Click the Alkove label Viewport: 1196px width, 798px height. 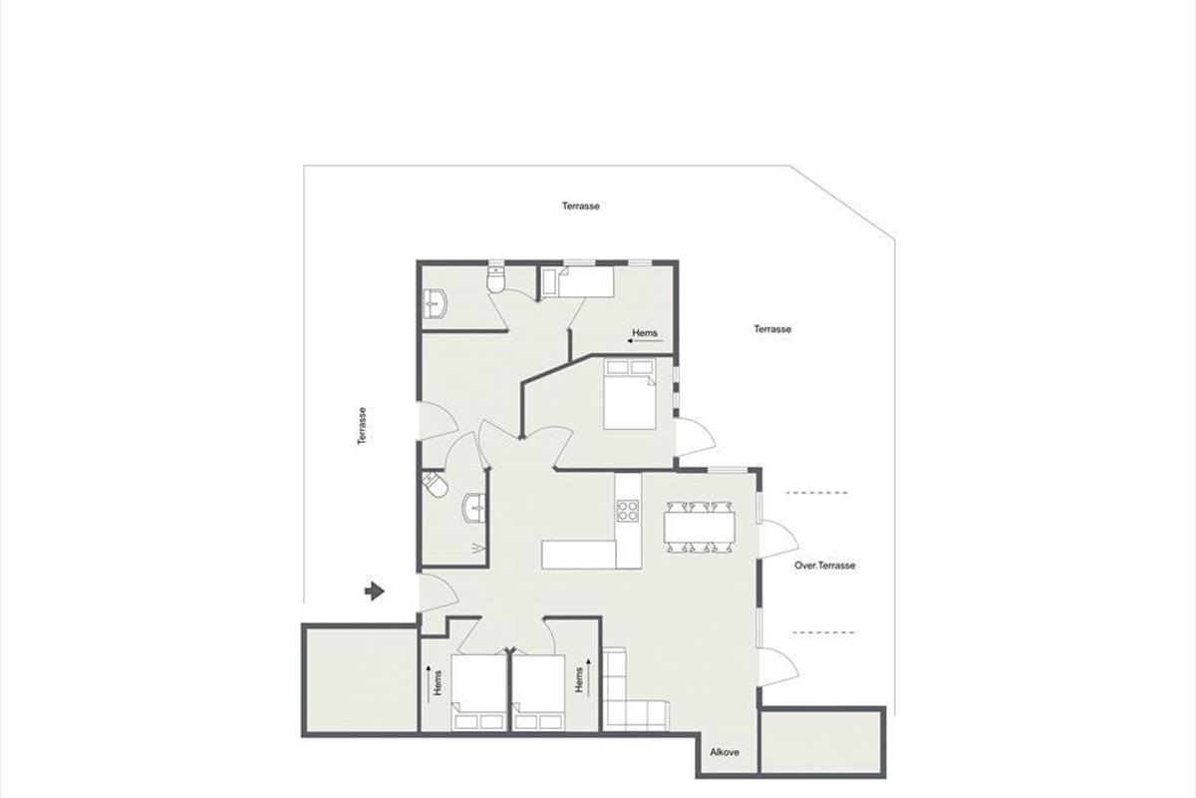pos(725,752)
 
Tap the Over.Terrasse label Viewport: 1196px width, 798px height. pos(825,565)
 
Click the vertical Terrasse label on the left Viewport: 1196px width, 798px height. pos(362,426)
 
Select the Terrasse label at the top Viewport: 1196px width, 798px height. pos(580,205)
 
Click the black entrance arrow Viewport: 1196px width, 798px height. pos(375,592)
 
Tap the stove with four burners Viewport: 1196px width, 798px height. pos(629,511)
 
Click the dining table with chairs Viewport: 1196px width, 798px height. pos(699,527)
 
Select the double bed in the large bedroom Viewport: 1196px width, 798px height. pos(630,394)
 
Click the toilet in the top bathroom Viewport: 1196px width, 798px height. pos(495,279)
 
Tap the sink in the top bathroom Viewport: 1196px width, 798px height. pos(435,304)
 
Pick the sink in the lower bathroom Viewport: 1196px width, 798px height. pos(474,509)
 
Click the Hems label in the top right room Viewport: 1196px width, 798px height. pos(645,333)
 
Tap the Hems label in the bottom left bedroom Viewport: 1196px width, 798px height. pos(439,683)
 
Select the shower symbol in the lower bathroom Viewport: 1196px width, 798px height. pos(478,549)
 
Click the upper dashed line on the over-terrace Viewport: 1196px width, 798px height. pos(816,493)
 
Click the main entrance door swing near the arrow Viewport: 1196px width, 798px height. pos(438,593)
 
